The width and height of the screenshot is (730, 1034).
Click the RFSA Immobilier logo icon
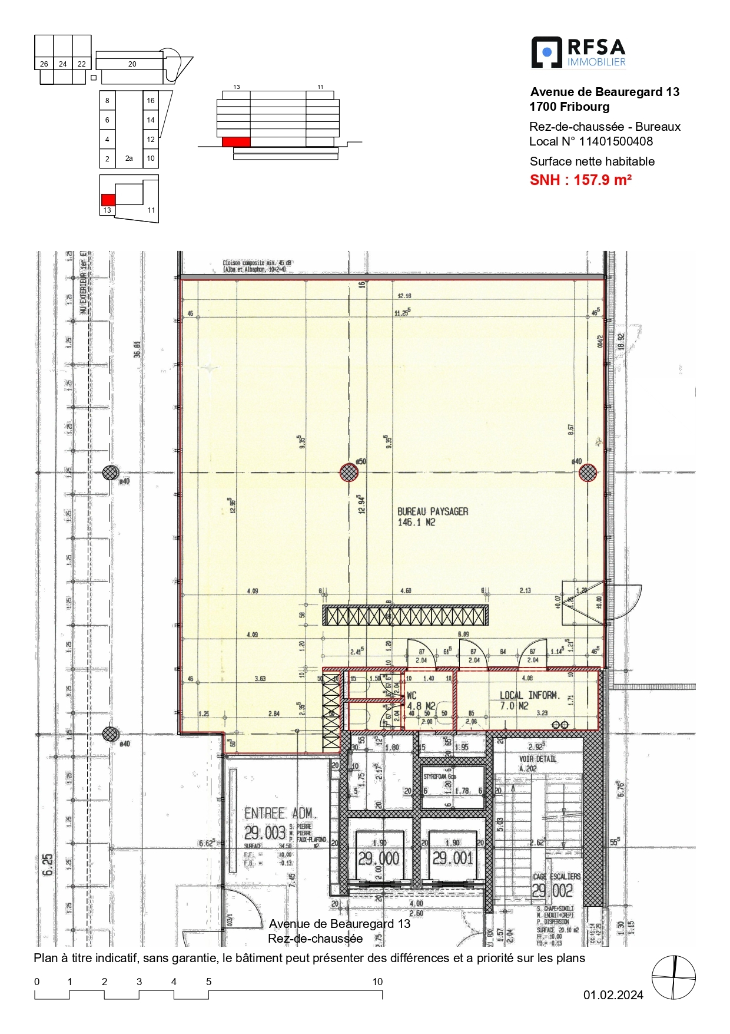click(x=546, y=52)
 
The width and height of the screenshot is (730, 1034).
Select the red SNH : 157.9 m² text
click(x=580, y=180)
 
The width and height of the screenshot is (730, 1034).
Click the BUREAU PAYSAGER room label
click(x=432, y=517)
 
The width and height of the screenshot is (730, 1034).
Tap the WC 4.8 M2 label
click(x=420, y=701)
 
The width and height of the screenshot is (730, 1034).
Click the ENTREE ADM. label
click(x=278, y=814)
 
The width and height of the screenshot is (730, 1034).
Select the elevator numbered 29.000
click(x=379, y=858)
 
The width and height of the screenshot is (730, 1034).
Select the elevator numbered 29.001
click(x=452, y=858)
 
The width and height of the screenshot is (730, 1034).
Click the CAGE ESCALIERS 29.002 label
click(x=555, y=884)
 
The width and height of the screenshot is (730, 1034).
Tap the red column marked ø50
click(x=349, y=472)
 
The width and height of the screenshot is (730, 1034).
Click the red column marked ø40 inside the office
click(x=588, y=473)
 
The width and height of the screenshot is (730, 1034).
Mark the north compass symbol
click(x=673, y=977)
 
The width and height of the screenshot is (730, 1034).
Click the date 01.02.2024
click(x=613, y=995)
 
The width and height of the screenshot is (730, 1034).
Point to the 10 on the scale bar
click(x=377, y=982)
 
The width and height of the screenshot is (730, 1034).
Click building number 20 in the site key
click(x=132, y=64)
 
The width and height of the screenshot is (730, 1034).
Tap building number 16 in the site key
click(x=151, y=101)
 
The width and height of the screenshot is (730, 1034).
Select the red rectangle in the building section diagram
click(x=236, y=141)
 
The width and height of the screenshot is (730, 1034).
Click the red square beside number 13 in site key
click(x=108, y=200)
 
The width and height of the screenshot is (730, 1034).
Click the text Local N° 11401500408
click(x=590, y=141)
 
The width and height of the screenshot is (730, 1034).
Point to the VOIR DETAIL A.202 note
click(x=537, y=763)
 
